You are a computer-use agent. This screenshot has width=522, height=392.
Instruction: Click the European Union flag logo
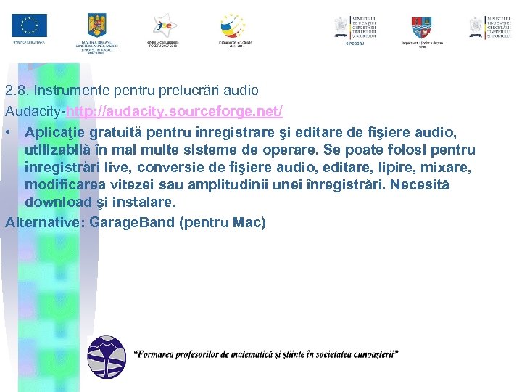[x=29, y=25]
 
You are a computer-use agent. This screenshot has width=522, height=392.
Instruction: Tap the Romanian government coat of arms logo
[x=96, y=26]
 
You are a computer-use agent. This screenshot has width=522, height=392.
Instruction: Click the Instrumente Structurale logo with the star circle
[x=233, y=25]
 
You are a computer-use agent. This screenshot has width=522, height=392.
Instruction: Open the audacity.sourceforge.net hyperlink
[x=174, y=112]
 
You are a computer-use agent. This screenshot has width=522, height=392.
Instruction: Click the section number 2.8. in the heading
[x=17, y=91]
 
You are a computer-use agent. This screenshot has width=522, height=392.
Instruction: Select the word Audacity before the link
[x=34, y=112]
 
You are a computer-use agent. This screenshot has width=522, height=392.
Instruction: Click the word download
[x=58, y=202]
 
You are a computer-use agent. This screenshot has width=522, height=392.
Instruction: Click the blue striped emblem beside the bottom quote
[x=105, y=356]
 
